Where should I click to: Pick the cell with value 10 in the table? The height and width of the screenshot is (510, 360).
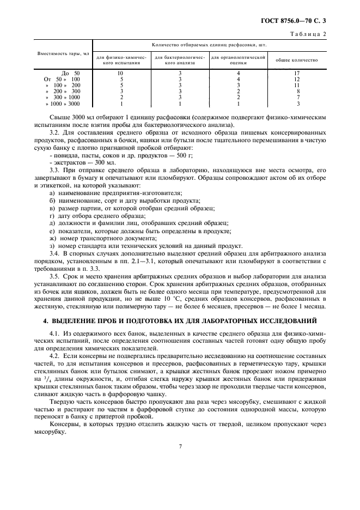click(x=121, y=72)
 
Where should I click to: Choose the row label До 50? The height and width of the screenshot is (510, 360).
click(x=70, y=72)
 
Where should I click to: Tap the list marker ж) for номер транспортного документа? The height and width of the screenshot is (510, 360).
click(x=52, y=238)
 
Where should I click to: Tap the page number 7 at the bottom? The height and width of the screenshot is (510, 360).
click(x=180, y=446)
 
